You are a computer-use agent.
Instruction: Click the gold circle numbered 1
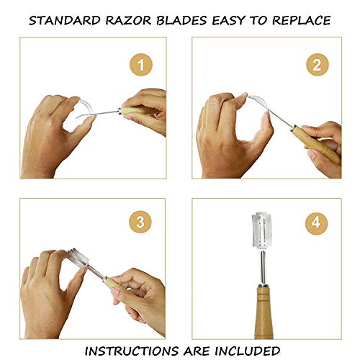[x=141, y=65]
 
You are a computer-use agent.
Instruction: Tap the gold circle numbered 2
[x=318, y=65]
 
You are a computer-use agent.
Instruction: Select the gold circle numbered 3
[x=140, y=222]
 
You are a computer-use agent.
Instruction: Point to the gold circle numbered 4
[x=316, y=222]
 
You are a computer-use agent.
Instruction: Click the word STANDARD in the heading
[x=65, y=21]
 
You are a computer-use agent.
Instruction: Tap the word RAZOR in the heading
[x=128, y=21]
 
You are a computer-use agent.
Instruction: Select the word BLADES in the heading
[x=181, y=21]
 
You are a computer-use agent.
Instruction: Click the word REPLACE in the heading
[x=302, y=21]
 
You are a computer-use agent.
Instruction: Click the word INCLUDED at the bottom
[x=247, y=351]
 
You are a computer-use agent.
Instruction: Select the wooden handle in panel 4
[x=264, y=312]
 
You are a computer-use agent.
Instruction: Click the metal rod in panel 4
[x=264, y=268]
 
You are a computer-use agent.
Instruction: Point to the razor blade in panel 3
[x=77, y=258]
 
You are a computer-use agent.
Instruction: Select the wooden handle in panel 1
[x=137, y=111]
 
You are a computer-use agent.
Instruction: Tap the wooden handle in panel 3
[x=117, y=284]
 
